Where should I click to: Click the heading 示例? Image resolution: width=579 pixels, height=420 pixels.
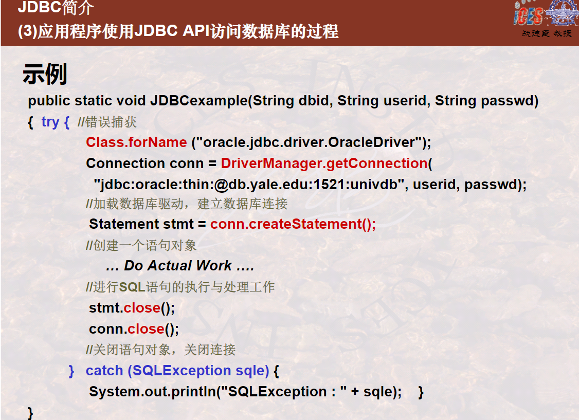point(45,74)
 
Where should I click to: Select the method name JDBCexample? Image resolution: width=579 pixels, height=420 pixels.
point(198,101)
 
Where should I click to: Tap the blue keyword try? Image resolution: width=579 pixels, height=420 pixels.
point(50,122)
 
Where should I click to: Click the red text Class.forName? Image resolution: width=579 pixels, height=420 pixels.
point(136,142)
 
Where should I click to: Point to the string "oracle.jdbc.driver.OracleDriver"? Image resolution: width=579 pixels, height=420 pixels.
point(309,142)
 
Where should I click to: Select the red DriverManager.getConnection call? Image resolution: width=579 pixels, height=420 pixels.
point(324,163)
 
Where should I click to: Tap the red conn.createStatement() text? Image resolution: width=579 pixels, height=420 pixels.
point(293,224)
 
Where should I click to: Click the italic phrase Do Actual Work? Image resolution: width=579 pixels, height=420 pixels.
point(177,266)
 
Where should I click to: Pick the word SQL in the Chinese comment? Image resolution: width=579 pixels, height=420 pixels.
point(132,287)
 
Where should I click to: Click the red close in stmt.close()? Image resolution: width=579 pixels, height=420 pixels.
point(142,308)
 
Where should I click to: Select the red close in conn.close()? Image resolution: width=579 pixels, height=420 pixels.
point(146,329)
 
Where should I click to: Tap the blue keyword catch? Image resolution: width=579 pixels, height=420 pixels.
point(104,371)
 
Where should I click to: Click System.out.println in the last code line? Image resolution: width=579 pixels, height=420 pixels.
point(153,392)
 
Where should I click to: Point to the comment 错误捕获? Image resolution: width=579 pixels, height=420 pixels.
point(111,122)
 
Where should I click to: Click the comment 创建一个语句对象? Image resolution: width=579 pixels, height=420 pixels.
point(145,245)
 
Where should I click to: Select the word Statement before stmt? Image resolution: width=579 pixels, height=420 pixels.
point(124,224)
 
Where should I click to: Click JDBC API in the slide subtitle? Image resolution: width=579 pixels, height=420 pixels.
point(172,31)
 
